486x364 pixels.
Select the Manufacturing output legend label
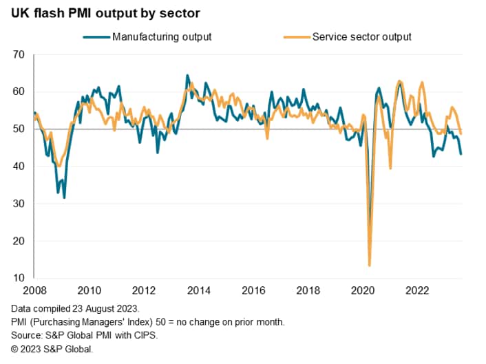tap(161, 36)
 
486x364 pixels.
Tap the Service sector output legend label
tap(361, 36)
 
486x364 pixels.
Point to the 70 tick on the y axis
tap(19, 54)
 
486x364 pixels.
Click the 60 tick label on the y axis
tap(19, 92)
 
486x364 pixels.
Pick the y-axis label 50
tap(19, 129)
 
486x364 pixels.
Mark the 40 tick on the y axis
tap(19, 167)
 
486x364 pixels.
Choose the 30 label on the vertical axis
tap(19, 204)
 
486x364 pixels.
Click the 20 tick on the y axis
tap(19, 241)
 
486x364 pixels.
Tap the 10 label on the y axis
tap(19, 279)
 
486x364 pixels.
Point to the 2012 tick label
tap(142, 290)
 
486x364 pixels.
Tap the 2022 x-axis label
tap(414, 290)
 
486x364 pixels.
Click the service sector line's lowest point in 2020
tap(370, 266)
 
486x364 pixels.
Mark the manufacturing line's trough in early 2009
tap(64, 197)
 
